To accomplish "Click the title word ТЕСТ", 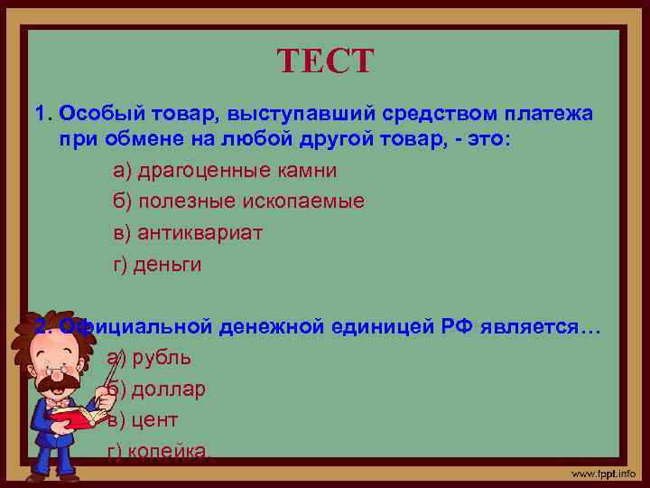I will click(324, 62).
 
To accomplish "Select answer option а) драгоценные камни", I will click(225, 170).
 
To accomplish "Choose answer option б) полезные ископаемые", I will click(238, 202).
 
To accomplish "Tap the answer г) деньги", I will click(157, 265).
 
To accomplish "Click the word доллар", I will click(169, 389).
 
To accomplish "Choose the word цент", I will click(154, 420).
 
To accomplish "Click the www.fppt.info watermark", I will click(602, 474).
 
